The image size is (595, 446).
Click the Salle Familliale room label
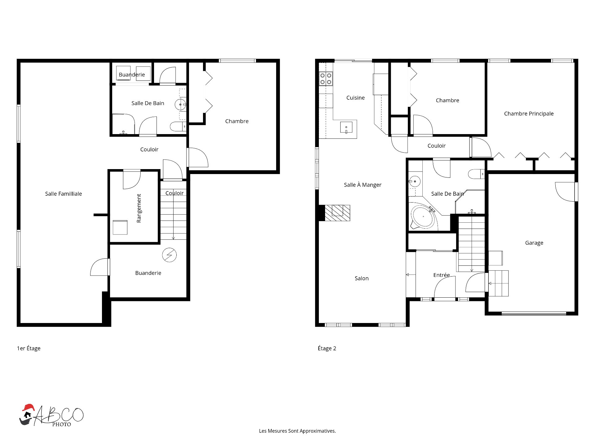coord(64,194)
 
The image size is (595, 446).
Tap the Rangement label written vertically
coord(139,208)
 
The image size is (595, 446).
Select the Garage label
coord(534,243)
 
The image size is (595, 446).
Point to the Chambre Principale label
coord(529,114)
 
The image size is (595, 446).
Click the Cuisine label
coord(355,98)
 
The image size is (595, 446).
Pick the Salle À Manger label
coord(363,185)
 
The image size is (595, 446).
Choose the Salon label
coord(362,278)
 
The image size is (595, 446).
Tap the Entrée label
coord(442,275)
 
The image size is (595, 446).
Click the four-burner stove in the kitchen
coord(326,79)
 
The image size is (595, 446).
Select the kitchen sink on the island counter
coord(346,128)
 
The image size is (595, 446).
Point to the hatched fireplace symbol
coord(337,213)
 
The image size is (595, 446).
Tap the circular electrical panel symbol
coord(170,255)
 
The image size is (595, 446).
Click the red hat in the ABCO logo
coord(28,407)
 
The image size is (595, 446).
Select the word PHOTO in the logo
coord(61,425)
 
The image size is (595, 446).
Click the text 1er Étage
coord(29,348)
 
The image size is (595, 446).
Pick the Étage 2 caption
coord(327,348)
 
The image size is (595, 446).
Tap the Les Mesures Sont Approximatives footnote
coord(297,431)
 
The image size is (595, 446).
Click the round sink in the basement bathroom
coord(180,105)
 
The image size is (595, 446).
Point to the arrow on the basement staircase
coord(174,211)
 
